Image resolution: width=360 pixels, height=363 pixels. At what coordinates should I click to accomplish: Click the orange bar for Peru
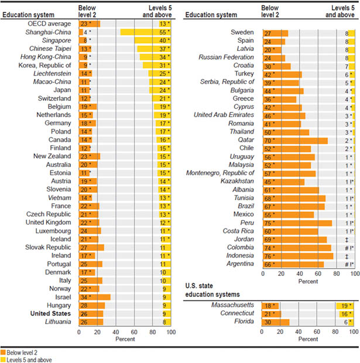click(x=297, y=223)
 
